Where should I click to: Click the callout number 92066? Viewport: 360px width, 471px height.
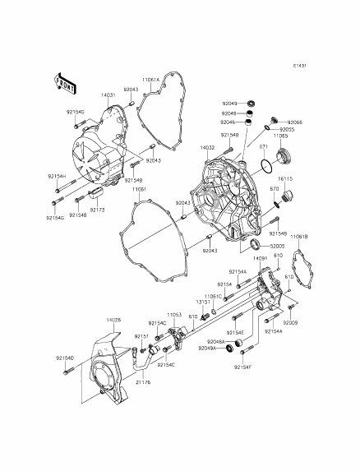(294, 122)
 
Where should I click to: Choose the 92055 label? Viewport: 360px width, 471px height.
(287, 130)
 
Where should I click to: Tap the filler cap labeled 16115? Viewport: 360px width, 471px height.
(285, 198)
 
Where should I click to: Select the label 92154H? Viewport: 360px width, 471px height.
(56, 177)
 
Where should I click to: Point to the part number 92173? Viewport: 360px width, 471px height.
(97, 210)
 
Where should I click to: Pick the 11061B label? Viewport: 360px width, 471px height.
(301, 237)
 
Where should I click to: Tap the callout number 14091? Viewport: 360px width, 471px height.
(260, 258)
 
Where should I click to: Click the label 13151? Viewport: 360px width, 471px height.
(204, 302)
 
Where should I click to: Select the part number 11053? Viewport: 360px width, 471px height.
(173, 314)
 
